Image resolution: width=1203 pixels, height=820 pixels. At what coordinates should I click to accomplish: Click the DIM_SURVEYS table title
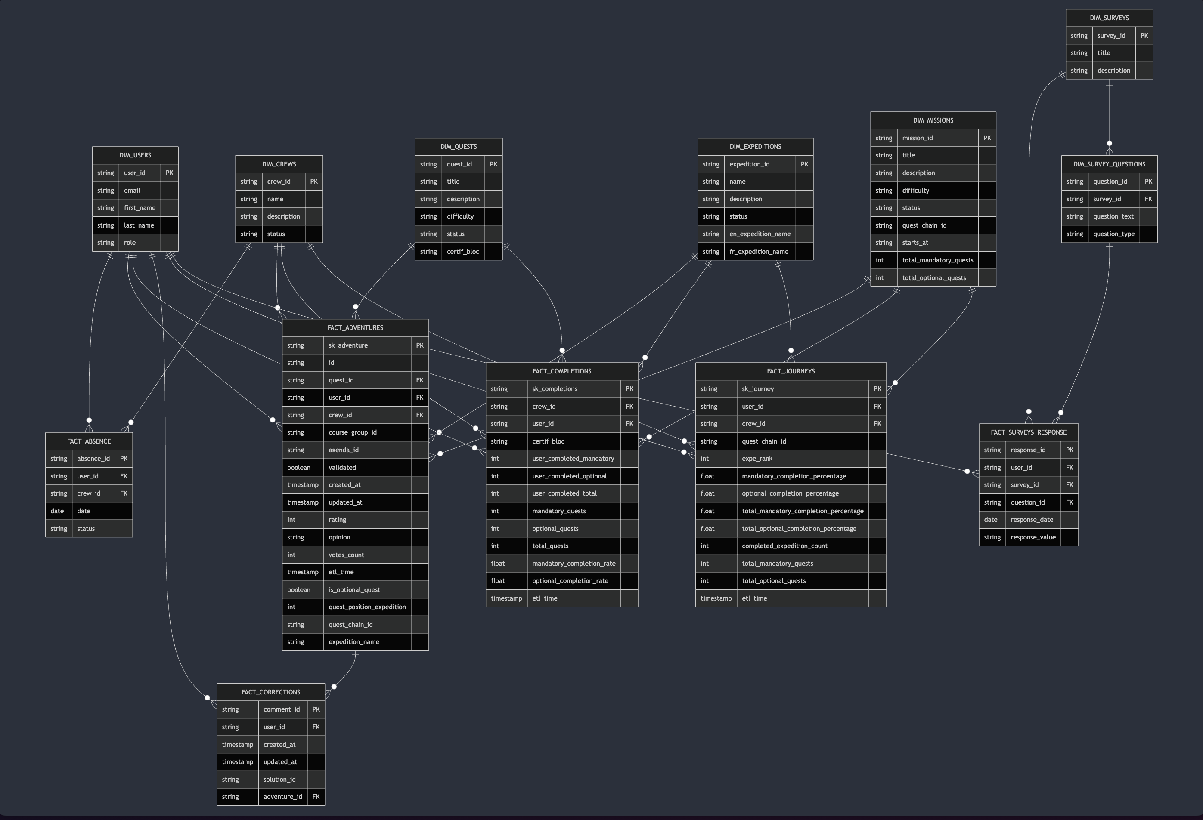coord(1109,18)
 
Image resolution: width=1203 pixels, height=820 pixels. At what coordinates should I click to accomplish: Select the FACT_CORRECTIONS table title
coord(271,692)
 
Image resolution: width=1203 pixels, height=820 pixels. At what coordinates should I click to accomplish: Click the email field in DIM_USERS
coord(132,191)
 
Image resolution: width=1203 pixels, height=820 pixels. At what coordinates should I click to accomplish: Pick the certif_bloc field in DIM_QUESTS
coord(463,251)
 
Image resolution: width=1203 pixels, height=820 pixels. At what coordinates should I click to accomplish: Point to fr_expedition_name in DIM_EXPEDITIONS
coord(759,251)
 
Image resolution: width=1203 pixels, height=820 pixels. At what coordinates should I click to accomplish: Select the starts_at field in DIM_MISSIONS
coord(915,243)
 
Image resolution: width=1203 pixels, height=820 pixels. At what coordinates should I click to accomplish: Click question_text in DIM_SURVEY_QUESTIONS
coord(1113,217)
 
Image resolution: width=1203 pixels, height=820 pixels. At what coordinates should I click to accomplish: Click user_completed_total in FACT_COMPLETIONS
coord(564,493)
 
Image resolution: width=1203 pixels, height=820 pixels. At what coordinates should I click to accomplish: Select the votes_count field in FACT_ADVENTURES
coord(346,555)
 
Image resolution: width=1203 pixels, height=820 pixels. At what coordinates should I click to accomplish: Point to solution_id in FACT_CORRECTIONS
coord(279,780)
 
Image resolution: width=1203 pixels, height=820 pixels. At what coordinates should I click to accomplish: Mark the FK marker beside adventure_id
coord(316,797)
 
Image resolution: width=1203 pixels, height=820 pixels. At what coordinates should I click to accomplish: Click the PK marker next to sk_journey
coord(877,389)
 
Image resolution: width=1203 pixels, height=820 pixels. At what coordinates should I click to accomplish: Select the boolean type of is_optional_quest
coord(299,590)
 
